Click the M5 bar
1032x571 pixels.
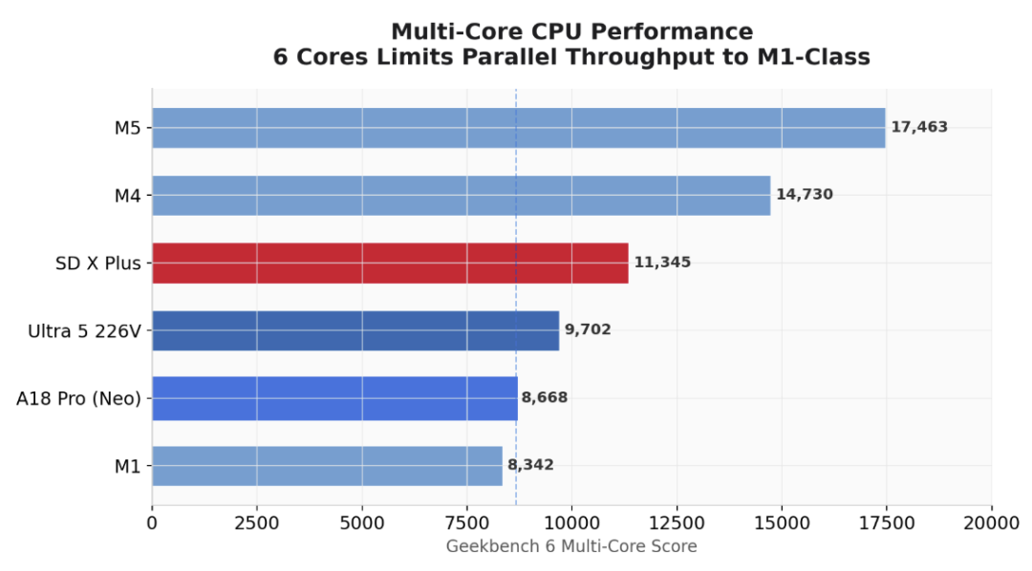[x=518, y=128]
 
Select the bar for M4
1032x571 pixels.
[x=461, y=195]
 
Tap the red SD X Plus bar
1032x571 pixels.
[x=390, y=263]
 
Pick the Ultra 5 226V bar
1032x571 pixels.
[x=355, y=330]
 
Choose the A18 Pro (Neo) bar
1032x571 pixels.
[x=334, y=398]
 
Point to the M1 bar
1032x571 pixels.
[x=327, y=466]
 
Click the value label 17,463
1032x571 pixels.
[x=919, y=127]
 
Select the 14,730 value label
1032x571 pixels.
[x=804, y=195]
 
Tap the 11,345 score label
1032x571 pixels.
[x=661, y=263]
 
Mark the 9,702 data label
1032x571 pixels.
[x=587, y=330]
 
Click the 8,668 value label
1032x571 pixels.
[x=545, y=398]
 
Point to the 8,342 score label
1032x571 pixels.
[x=530, y=466]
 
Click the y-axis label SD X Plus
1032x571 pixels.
[x=98, y=264]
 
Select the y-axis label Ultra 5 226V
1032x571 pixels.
[x=84, y=331]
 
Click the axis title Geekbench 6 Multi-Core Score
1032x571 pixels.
[x=571, y=546]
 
